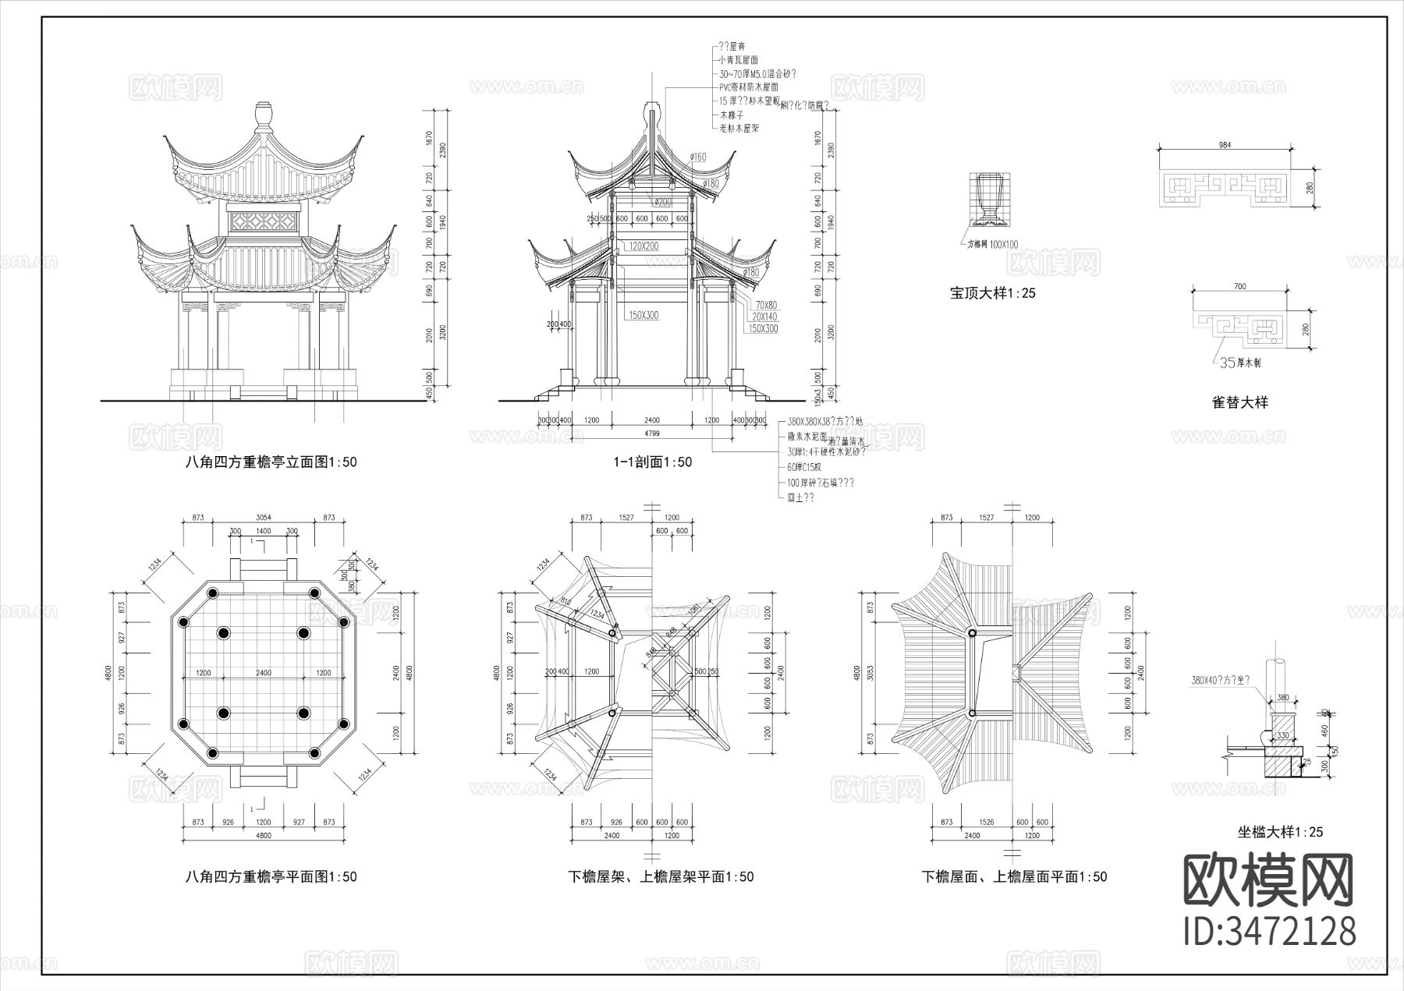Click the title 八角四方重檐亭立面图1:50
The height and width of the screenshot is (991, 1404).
(271, 462)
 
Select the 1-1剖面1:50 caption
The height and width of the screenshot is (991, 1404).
(653, 462)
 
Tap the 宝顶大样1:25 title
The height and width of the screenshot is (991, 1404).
(992, 294)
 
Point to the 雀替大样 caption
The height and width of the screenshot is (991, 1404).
(1239, 402)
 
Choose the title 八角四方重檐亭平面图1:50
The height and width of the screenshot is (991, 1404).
(271, 876)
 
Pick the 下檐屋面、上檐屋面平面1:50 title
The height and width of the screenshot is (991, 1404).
(1014, 876)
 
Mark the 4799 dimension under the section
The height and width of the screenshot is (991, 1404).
(652, 431)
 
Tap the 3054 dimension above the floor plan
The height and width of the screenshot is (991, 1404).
(264, 518)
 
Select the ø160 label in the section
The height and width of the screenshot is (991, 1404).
(697, 157)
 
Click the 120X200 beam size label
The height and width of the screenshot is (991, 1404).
(642, 246)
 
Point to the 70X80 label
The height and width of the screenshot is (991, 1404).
(765, 305)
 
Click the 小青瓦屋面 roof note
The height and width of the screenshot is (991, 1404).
(738, 60)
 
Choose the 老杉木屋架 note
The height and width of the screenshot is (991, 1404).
(739, 128)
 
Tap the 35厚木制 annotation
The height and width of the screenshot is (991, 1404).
(1239, 363)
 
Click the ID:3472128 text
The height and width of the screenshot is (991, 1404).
(1270, 931)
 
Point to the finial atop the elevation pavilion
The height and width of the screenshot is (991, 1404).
(263, 115)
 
